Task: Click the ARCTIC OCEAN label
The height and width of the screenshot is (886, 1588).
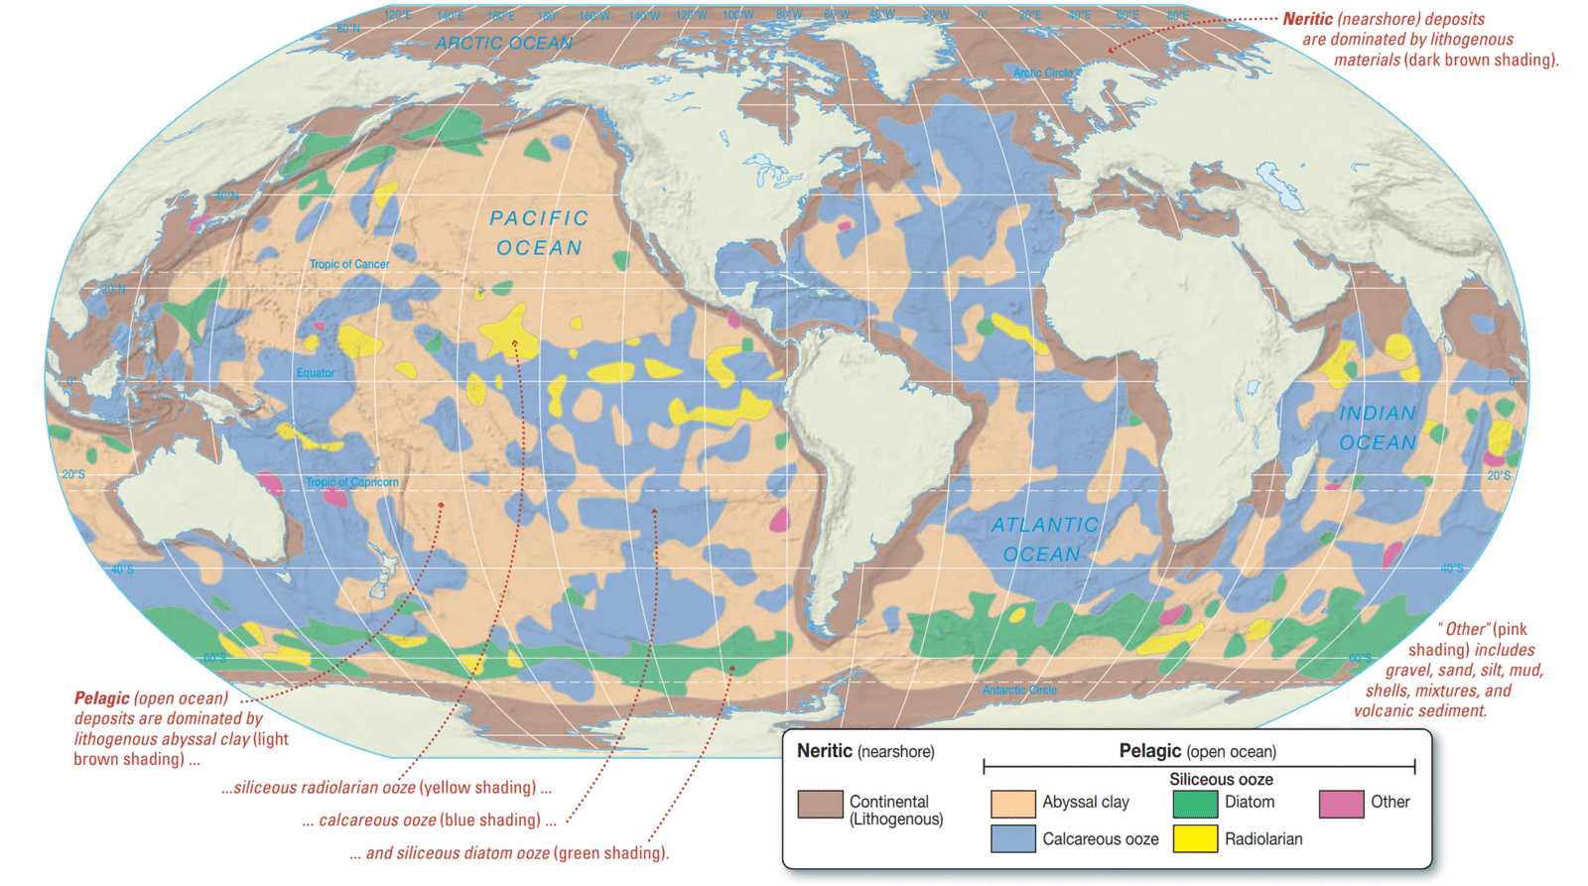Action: pyautogui.click(x=504, y=44)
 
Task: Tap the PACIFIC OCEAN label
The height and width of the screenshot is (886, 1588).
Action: pyautogui.click(x=540, y=233)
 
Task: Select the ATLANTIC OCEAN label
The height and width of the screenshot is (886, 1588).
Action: pyautogui.click(x=1044, y=540)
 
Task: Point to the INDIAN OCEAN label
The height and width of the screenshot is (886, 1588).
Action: pyautogui.click(x=1378, y=428)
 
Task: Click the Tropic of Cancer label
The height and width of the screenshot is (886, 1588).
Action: pyautogui.click(x=349, y=265)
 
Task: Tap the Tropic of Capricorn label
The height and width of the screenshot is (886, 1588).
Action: pyautogui.click(x=352, y=482)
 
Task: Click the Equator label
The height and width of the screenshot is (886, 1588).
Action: pyautogui.click(x=316, y=373)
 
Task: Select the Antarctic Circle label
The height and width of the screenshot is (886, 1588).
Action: pyautogui.click(x=1019, y=690)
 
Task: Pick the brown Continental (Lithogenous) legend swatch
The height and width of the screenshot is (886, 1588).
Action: pyautogui.click(x=820, y=804)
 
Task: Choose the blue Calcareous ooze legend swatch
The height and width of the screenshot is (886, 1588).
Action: pyautogui.click(x=1012, y=839)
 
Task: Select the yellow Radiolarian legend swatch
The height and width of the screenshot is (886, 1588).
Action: pyautogui.click(x=1195, y=839)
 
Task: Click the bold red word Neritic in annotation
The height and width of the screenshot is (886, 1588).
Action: pyautogui.click(x=1308, y=19)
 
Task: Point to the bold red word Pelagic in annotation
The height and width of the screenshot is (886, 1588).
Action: pyautogui.click(x=101, y=698)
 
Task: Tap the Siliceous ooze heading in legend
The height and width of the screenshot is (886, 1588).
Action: pyautogui.click(x=1221, y=780)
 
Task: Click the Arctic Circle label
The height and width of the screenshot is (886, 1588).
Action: pyautogui.click(x=1042, y=72)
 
